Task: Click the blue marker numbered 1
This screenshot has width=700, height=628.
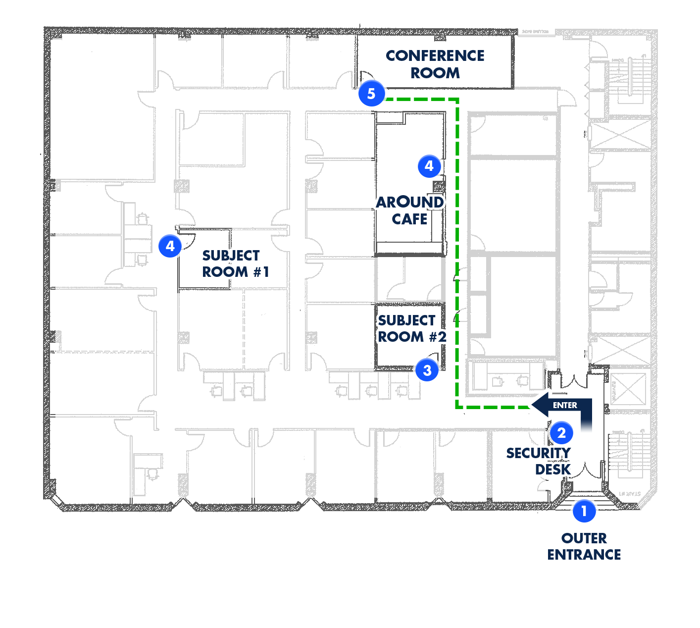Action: tap(584, 511)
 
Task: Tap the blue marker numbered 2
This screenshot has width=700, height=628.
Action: tap(561, 433)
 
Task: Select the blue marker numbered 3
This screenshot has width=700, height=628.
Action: tap(427, 370)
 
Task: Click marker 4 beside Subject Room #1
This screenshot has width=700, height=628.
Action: tap(170, 246)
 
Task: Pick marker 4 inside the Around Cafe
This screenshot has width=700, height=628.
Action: tap(429, 166)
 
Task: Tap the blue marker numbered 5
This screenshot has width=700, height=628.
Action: tap(371, 94)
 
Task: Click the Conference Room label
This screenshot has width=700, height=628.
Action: tap(435, 64)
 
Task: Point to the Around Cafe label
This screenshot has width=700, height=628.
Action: tap(409, 210)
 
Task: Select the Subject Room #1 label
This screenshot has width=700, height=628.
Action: tap(235, 263)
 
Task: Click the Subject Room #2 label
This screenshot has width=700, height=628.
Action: tap(411, 328)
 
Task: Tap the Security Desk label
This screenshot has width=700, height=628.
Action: tap(539, 461)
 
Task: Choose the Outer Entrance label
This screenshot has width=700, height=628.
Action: tap(584, 546)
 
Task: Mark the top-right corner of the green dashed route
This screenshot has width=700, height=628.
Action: tap(457, 100)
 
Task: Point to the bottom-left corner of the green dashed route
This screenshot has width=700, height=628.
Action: tap(457, 407)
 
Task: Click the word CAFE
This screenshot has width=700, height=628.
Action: tap(409, 219)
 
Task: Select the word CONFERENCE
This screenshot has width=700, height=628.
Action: tap(435, 56)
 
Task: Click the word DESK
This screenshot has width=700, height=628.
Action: tap(552, 469)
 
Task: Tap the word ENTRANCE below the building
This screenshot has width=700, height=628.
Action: tap(584, 555)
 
